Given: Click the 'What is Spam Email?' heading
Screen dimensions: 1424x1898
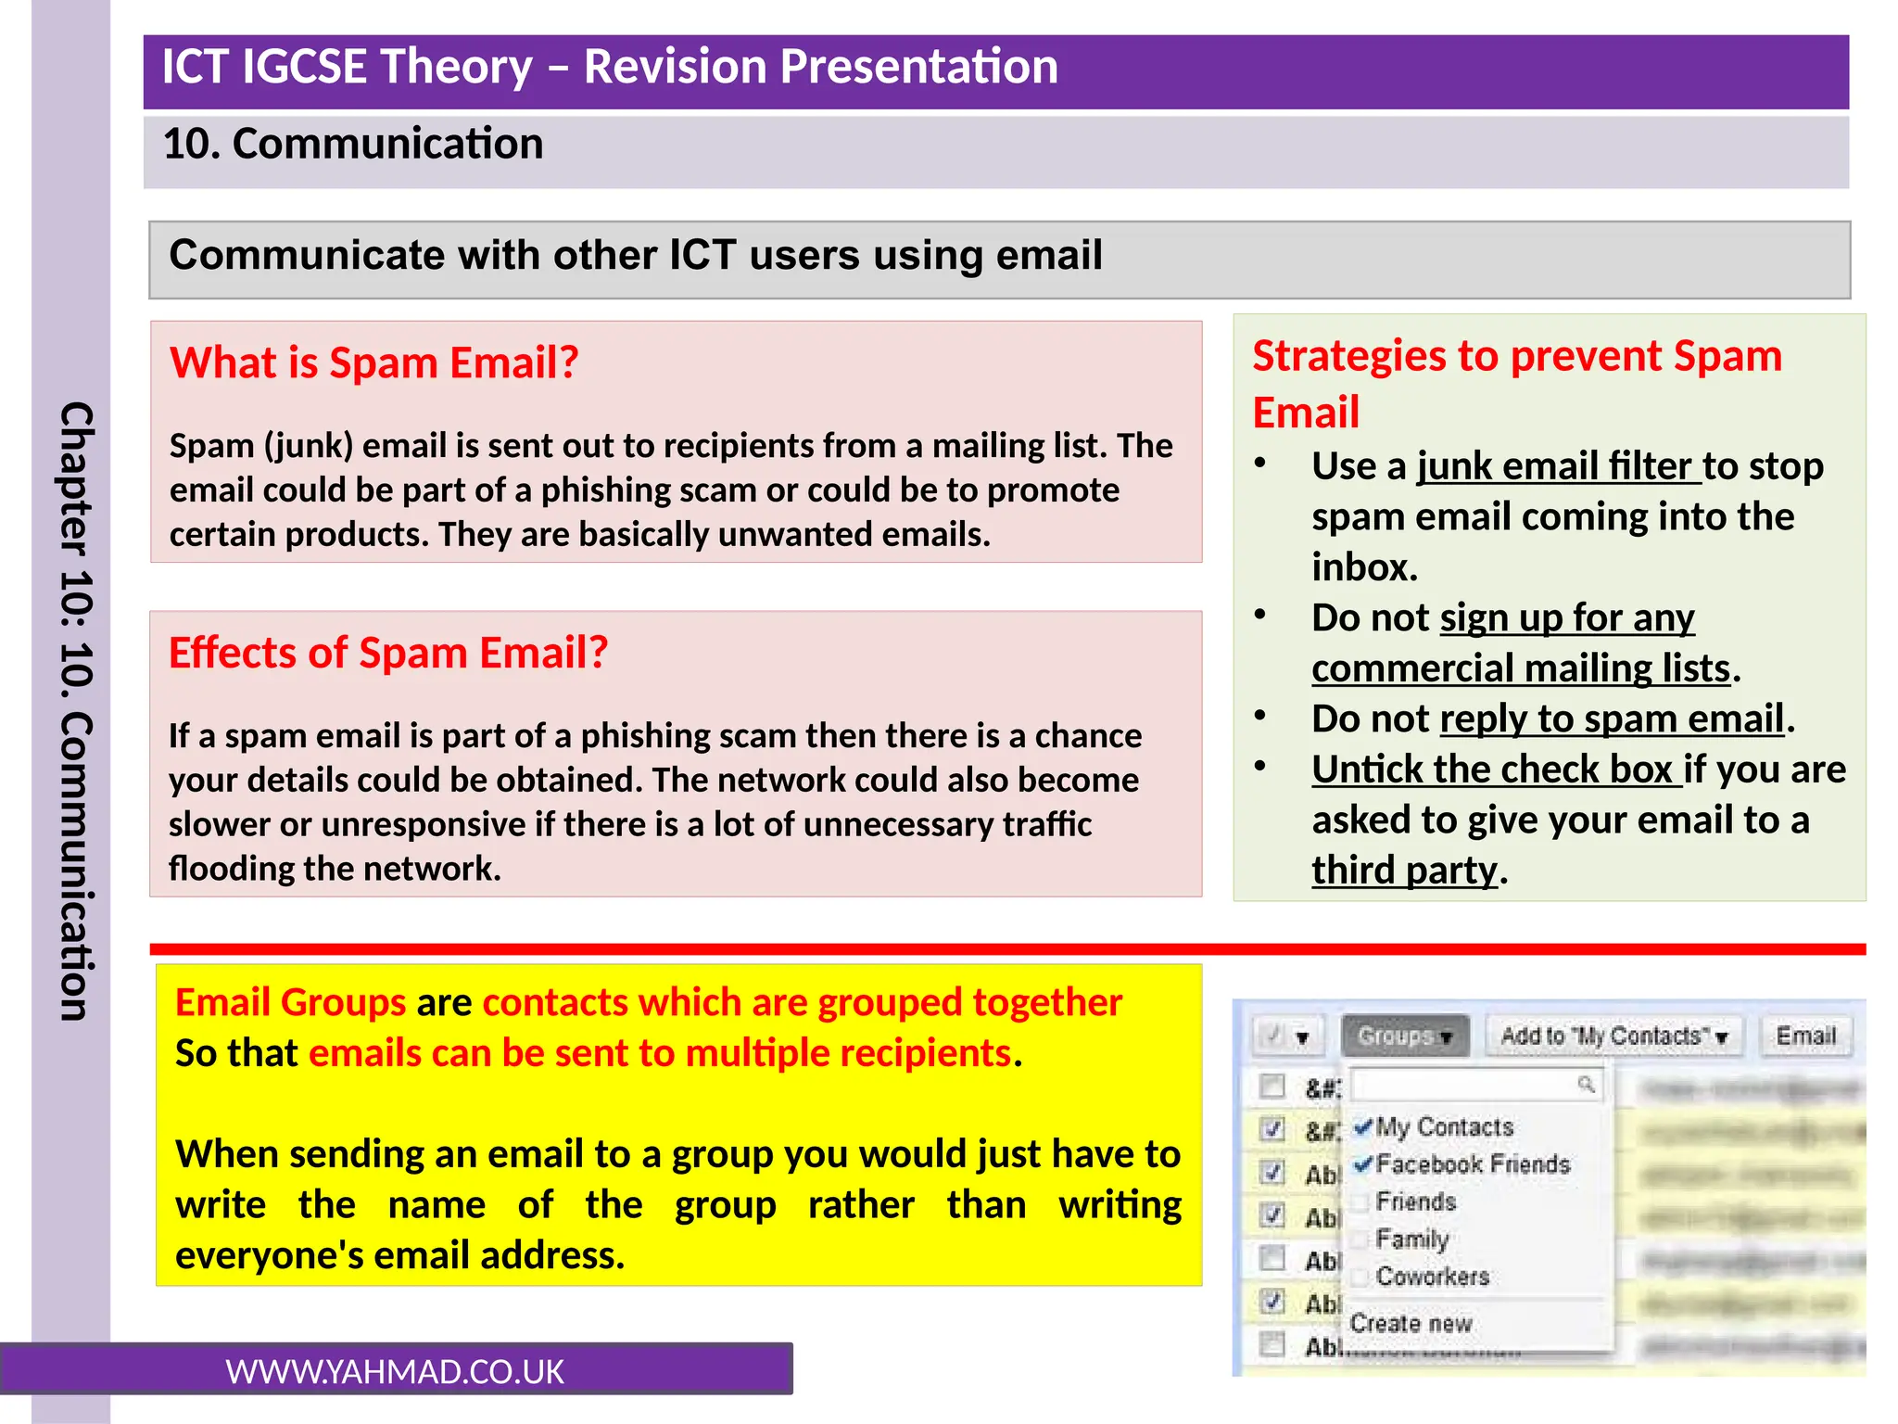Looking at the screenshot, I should pos(373,362).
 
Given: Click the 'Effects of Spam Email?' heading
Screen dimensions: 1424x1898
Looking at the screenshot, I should pos(387,653).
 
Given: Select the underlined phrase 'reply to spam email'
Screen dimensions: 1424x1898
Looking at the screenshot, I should pos(1612,719).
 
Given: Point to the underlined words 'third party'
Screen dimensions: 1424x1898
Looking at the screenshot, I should pos(1403,871).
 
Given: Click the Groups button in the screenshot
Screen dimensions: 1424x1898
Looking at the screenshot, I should pos(1404,1036).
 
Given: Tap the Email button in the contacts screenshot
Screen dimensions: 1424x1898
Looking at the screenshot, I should pos(1805,1036).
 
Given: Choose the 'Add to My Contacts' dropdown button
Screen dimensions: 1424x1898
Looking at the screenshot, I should pos(1613,1036).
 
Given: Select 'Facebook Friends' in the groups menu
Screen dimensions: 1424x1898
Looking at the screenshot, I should pos(1472,1164).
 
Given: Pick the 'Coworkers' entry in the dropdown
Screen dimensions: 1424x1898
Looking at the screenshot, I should pos(1432,1277).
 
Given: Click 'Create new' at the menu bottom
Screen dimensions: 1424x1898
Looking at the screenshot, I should pos(1410,1323).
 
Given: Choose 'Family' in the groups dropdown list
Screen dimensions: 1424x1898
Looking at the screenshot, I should pos(1411,1239).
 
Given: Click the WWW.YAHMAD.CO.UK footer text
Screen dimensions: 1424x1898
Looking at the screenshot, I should pos(395,1371).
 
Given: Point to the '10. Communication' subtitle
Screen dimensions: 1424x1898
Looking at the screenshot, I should pos(353,145).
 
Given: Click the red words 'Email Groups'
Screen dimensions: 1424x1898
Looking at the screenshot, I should pos(290,1003).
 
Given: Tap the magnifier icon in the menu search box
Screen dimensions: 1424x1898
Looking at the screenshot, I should pos(1586,1084).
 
